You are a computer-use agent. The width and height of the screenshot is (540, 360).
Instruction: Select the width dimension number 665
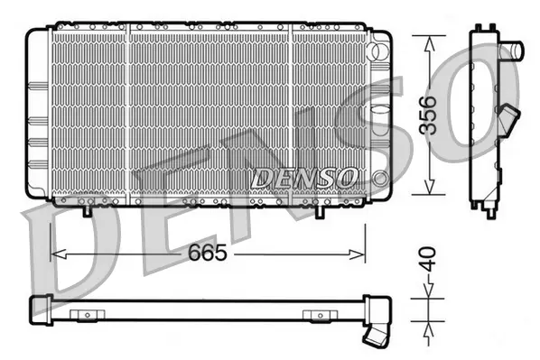[x=209, y=254]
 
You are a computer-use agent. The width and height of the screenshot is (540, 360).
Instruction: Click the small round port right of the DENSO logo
[x=380, y=175]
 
